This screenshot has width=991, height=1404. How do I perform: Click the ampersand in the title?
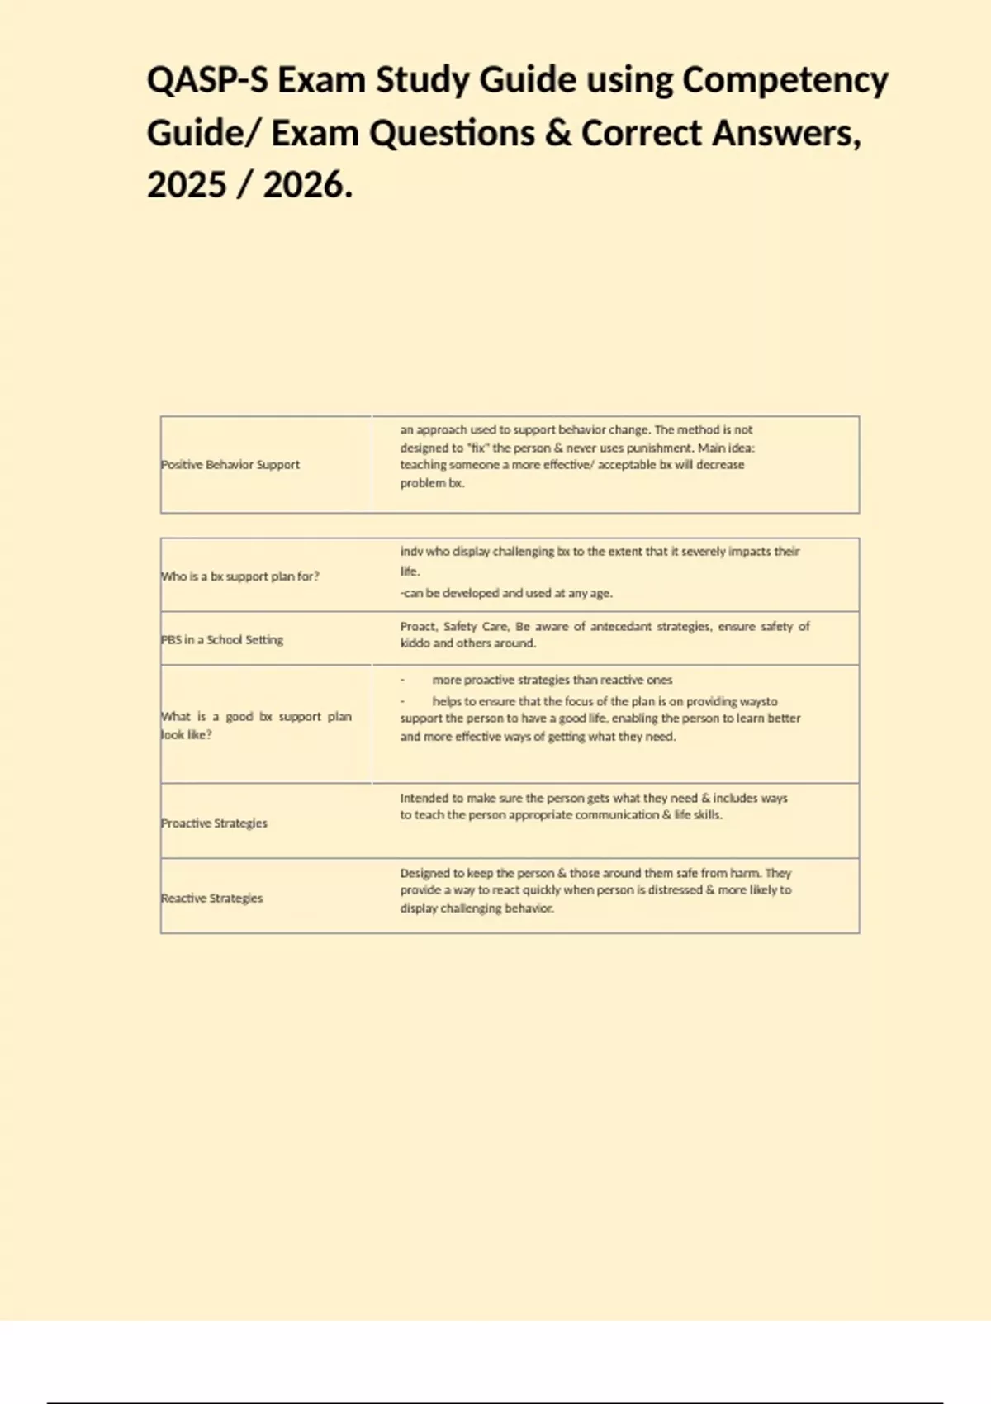[x=558, y=134]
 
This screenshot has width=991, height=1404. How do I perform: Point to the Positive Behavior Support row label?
[x=230, y=465]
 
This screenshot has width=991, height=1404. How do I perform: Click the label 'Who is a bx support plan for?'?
[x=239, y=576]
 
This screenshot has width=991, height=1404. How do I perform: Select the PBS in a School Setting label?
[x=222, y=640]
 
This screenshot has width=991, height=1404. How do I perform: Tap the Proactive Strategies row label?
[x=214, y=823]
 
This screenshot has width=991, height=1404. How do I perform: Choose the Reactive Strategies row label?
[x=211, y=899]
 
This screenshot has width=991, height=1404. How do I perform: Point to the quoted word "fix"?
[x=478, y=448]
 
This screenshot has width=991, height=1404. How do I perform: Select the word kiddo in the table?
[x=415, y=643]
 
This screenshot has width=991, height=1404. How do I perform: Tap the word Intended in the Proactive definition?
[x=425, y=799]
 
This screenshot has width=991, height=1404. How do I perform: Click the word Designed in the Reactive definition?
[x=425, y=873]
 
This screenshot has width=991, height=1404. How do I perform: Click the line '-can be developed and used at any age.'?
[x=506, y=593]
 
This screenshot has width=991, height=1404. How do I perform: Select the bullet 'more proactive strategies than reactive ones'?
[x=552, y=681]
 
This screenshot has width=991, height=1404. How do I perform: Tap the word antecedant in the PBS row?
[x=620, y=627]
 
